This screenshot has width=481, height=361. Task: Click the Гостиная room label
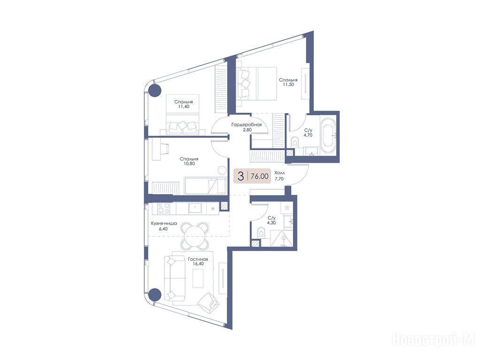tap(198, 259)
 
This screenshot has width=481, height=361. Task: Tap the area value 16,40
tap(198, 264)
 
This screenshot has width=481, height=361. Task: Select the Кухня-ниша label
tap(164, 223)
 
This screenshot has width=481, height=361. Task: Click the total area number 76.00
tap(259, 176)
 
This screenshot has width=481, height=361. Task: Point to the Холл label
tap(279, 173)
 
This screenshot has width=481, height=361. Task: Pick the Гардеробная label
tap(247, 125)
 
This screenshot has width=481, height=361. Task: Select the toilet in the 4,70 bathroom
tap(295, 141)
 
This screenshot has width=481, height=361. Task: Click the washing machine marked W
tap(287, 208)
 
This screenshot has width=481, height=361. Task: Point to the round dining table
tap(194, 236)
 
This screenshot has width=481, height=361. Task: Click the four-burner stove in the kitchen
tap(163, 209)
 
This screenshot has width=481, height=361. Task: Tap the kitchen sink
tap(194, 208)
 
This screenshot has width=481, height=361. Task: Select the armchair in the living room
tap(208, 302)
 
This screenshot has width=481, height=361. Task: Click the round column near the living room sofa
tap(155, 295)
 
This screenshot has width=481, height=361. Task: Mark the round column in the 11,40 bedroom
tap(155, 90)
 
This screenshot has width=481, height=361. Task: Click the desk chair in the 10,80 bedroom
tap(163, 149)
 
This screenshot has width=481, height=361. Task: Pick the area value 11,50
tap(288, 85)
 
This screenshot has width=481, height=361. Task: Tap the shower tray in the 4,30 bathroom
tap(282, 238)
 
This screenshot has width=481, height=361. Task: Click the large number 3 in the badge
tap(241, 176)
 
